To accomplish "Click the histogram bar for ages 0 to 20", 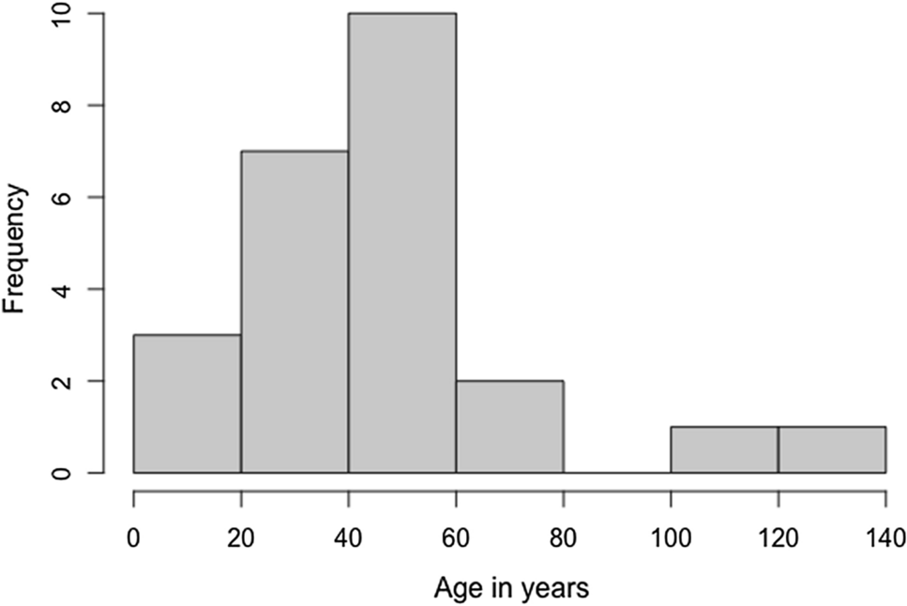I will pyautogui.click(x=188, y=403).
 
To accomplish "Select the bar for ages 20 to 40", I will pyautogui.click(x=295, y=311).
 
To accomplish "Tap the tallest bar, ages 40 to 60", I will pyautogui.click(x=402, y=243).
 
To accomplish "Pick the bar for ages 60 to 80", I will pyautogui.click(x=510, y=427).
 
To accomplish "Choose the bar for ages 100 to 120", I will pyautogui.click(x=725, y=450).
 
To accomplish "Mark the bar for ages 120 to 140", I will pyautogui.click(x=832, y=450).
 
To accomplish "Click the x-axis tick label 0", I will pyautogui.click(x=134, y=539).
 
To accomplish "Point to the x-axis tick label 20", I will pyautogui.click(x=241, y=539).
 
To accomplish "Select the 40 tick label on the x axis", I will pyautogui.click(x=349, y=539).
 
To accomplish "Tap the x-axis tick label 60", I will pyautogui.click(x=456, y=539).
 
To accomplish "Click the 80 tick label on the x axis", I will pyautogui.click(x=564, y=539).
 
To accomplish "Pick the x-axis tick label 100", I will pyautogui.click(x=671, y=539).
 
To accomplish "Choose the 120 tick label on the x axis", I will pyautogui.click(x=779, y=539).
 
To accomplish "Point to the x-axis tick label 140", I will pyautogui.click(x=885, y=539).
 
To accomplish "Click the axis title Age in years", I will pyautogui.click(x=511, y=589).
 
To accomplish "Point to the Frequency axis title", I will pyautogui.click(x=16, y=248).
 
